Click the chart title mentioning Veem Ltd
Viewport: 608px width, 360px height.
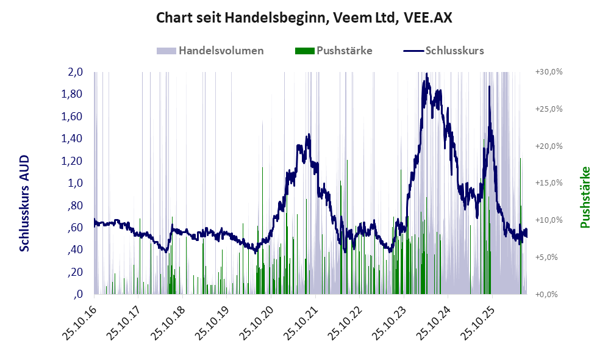(x=304, y=18)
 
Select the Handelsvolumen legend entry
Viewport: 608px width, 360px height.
(x=210, y=51)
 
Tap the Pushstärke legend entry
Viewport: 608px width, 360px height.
(x=334, y=51)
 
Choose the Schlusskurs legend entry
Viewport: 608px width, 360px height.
(x=443, y=51)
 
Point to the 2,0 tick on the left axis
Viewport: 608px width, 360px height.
(x=75, y=72)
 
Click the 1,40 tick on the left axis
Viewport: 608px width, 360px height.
(x=72, y=139)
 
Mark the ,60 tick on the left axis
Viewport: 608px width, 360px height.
(x=75, y=228)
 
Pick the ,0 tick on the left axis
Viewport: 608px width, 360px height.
(x=78, y=294)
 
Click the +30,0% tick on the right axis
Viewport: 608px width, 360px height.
(x=549, y=72)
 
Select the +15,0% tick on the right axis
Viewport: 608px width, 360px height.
(x=549, y=182)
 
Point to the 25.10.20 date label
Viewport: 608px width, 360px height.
(x=256, y=322)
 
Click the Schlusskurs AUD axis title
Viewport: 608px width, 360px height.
(x=24, y=203)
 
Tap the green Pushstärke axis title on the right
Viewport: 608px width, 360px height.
(x=585, y=197)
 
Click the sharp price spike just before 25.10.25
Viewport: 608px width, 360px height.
(x=489, y=87)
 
